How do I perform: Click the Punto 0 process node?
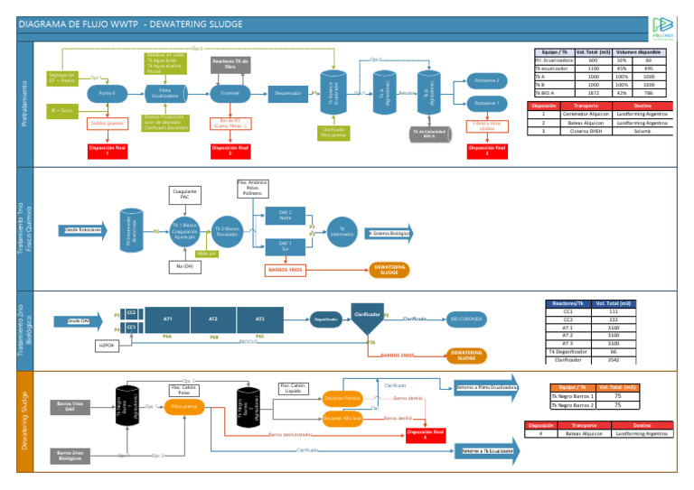click(108, 93)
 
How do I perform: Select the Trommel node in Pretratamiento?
click(230, 93)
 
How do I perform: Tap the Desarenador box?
click(288, 93)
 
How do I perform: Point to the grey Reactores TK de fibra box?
click(230, 63)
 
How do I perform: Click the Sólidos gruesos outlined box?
click(107, 123)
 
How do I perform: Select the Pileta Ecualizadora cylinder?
click(165, 93)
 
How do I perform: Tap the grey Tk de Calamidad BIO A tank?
click(429, 133)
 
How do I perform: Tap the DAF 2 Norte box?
click(284, 214)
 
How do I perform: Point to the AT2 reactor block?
click(212, 319)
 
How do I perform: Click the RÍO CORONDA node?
click(467, 319)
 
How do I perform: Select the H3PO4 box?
click(108, 345)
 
